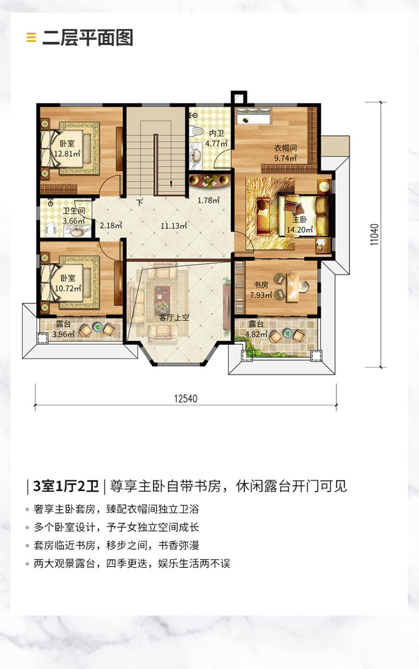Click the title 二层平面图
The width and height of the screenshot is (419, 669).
click(88, 38)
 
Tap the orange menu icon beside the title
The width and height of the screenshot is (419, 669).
click(31, 38)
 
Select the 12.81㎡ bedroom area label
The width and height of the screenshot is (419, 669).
click(67, 154)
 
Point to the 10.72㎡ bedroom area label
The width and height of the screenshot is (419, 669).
click(68, 289)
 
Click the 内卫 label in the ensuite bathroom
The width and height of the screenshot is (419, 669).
click(216, 133)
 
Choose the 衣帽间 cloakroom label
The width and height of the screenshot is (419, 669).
click(286, 148)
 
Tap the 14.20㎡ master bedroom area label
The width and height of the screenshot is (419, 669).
click(300, 230)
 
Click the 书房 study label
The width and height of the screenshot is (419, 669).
click(261, 284)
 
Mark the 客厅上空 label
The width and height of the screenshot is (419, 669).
click(174, 317)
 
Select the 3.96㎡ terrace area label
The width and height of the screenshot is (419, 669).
click(64, 334)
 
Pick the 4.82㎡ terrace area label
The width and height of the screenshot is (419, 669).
click(256, 334)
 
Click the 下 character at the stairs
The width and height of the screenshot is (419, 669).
click(139, 203)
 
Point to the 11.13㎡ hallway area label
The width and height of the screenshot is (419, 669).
click(174, 226)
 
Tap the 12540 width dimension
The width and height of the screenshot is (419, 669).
click(186, 399)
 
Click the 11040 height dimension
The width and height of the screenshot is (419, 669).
click(374, 235)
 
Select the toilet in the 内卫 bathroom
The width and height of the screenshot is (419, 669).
click(196, 131)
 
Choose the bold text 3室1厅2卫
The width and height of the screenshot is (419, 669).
click(66, 486)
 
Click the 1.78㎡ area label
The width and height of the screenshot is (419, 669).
click(209, 200)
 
